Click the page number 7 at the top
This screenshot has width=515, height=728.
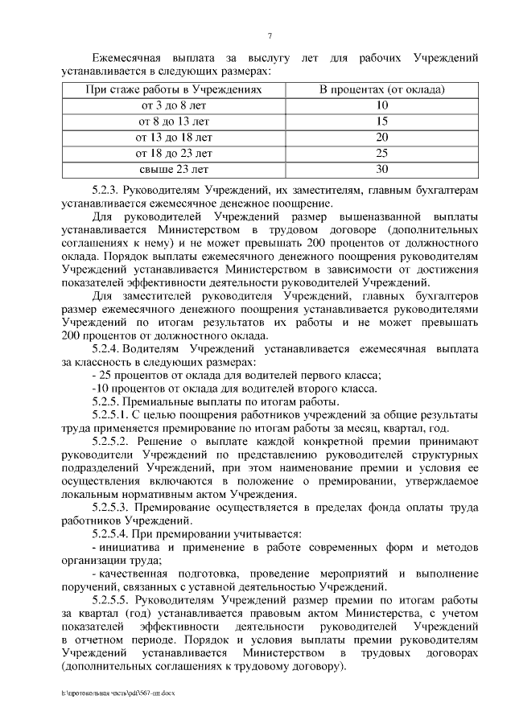pos(270,35)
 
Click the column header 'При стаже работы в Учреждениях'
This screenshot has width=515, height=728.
pos(175,89)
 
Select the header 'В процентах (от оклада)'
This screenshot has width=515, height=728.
pos(382,89)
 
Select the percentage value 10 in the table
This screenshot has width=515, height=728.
pos(382,105)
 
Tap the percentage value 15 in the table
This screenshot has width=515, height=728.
pos(382,121)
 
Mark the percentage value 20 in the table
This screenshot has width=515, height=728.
pos(382,137)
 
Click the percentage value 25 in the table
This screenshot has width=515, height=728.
pos(382,153)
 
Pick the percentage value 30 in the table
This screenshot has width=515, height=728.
pos(382,169)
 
